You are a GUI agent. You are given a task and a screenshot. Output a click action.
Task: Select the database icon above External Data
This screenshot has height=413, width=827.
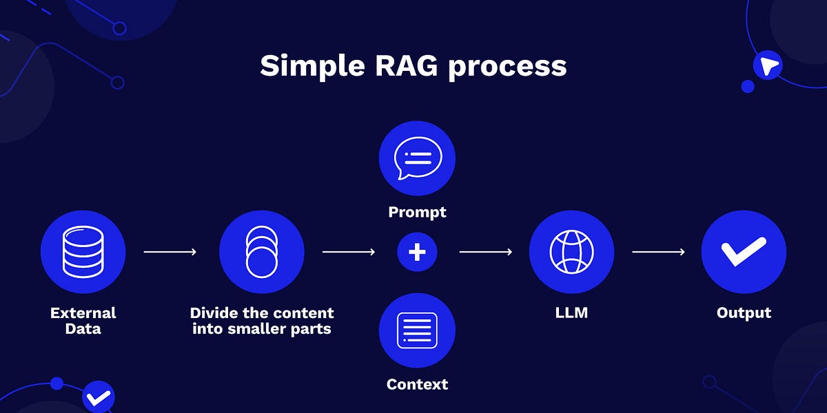click(x=83, y=252)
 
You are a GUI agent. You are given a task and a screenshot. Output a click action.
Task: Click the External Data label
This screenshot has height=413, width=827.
click(x=83, y=321)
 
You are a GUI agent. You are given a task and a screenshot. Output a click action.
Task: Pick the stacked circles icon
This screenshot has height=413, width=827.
click(x=261, y=252)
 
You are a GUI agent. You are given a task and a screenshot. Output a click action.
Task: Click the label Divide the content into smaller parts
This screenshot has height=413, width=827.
click(x=261, y=321)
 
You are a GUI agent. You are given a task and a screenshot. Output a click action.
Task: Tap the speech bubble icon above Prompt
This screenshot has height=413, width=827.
click(x=417, y=158)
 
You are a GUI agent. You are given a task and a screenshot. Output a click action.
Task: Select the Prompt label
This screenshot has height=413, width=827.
click(x=417, y=212)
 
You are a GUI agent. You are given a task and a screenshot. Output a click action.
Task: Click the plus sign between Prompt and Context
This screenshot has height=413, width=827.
click(x=417, y=252)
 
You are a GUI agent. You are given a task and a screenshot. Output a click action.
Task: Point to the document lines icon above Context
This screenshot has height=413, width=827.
click(x=417, y=330)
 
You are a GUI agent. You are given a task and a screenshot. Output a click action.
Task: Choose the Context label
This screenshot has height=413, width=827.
click(x=417, y=384)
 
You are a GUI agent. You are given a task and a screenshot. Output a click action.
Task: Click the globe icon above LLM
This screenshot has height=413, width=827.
click(x=571, y=252)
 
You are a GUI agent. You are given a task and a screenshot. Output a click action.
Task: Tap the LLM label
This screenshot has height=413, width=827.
click(x=571, y=313)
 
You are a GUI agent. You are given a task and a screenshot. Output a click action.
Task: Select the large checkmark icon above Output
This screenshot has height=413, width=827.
click(x=744, y=252)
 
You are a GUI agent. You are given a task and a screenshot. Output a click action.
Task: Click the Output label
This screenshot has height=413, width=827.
click(x=744, y=313)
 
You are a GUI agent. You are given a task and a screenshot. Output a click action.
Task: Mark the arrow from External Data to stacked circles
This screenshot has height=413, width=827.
click(x=170, y=252)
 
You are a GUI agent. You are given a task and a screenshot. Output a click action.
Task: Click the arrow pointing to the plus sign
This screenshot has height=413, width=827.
click(x=349, y=252)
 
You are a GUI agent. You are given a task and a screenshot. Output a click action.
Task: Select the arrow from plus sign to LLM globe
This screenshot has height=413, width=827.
click(x=486, y=252)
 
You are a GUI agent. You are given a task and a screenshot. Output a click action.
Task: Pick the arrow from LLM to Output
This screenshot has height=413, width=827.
click(x=658, y=252)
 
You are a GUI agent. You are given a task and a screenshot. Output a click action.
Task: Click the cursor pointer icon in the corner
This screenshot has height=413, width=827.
click(x=767, y=66)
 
